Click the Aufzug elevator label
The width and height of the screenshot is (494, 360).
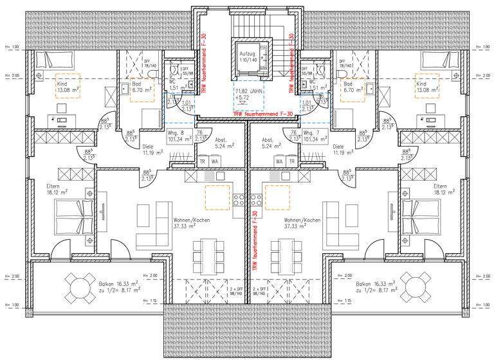[247, 56]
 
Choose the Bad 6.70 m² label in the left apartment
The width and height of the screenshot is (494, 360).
[140, 87]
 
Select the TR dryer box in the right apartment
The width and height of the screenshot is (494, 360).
[291, 162]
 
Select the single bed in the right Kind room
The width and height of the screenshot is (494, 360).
[441, 60]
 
